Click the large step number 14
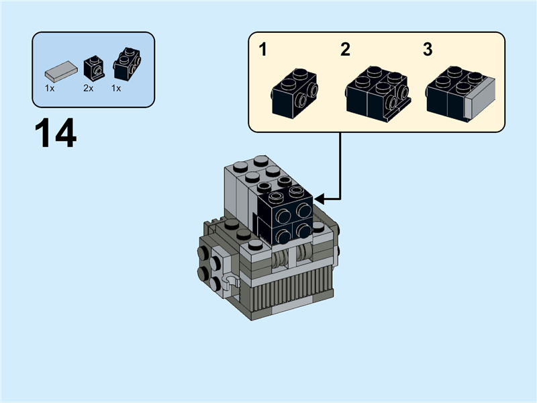(56, 134)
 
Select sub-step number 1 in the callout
(263, 50)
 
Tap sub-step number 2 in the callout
(345, 50)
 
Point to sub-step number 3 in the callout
(428, 50)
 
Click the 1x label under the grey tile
(50, 88)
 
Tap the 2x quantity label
(89, 88)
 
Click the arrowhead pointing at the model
(320, 199)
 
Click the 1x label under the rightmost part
(116, 88)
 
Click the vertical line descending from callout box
(341, 165)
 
